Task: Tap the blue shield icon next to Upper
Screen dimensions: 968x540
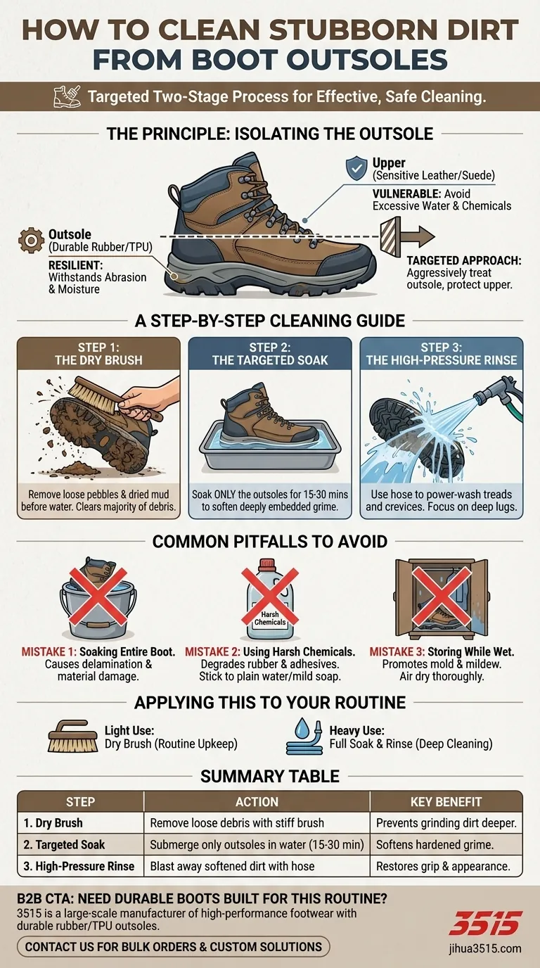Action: pyautogui.click(x=357, y=168)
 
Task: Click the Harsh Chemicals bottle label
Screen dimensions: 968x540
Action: pyautogui.click(x=270, y=618)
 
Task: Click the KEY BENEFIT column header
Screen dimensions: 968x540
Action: pyautogui.click(x=446, y=801)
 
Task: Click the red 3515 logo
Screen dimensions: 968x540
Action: pyautogui.click(x=484, y=924)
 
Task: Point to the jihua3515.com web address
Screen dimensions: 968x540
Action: pyautogui.click(x=485, y=948)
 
